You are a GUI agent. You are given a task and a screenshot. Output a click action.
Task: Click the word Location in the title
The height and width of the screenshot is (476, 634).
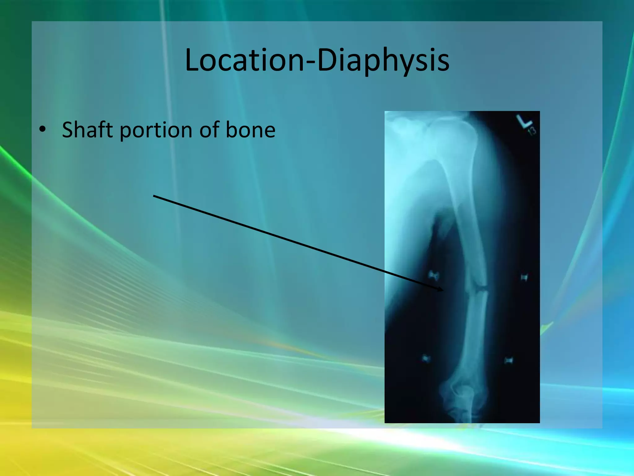click(245, 60)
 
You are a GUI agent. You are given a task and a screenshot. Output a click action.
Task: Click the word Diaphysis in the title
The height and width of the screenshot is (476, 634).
click(383, 60)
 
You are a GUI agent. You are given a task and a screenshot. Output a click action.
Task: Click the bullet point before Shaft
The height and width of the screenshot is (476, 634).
click(42, 130)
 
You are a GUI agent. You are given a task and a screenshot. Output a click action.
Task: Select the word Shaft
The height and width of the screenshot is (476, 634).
click(87, 130)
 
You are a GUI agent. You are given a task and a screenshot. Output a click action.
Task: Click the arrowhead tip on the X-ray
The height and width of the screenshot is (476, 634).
click(443, 290)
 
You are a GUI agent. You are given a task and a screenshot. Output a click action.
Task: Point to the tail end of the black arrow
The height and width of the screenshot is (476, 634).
click(154, 196)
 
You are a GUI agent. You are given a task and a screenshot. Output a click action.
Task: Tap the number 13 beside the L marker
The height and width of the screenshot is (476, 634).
click(532, 131)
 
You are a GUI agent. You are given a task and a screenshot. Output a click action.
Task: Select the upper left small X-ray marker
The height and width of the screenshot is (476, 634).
click(433, 275)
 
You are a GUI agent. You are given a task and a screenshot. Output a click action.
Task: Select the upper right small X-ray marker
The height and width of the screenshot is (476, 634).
click(524, 277)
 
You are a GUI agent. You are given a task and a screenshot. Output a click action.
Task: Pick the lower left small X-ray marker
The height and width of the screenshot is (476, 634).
click(426, 359)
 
